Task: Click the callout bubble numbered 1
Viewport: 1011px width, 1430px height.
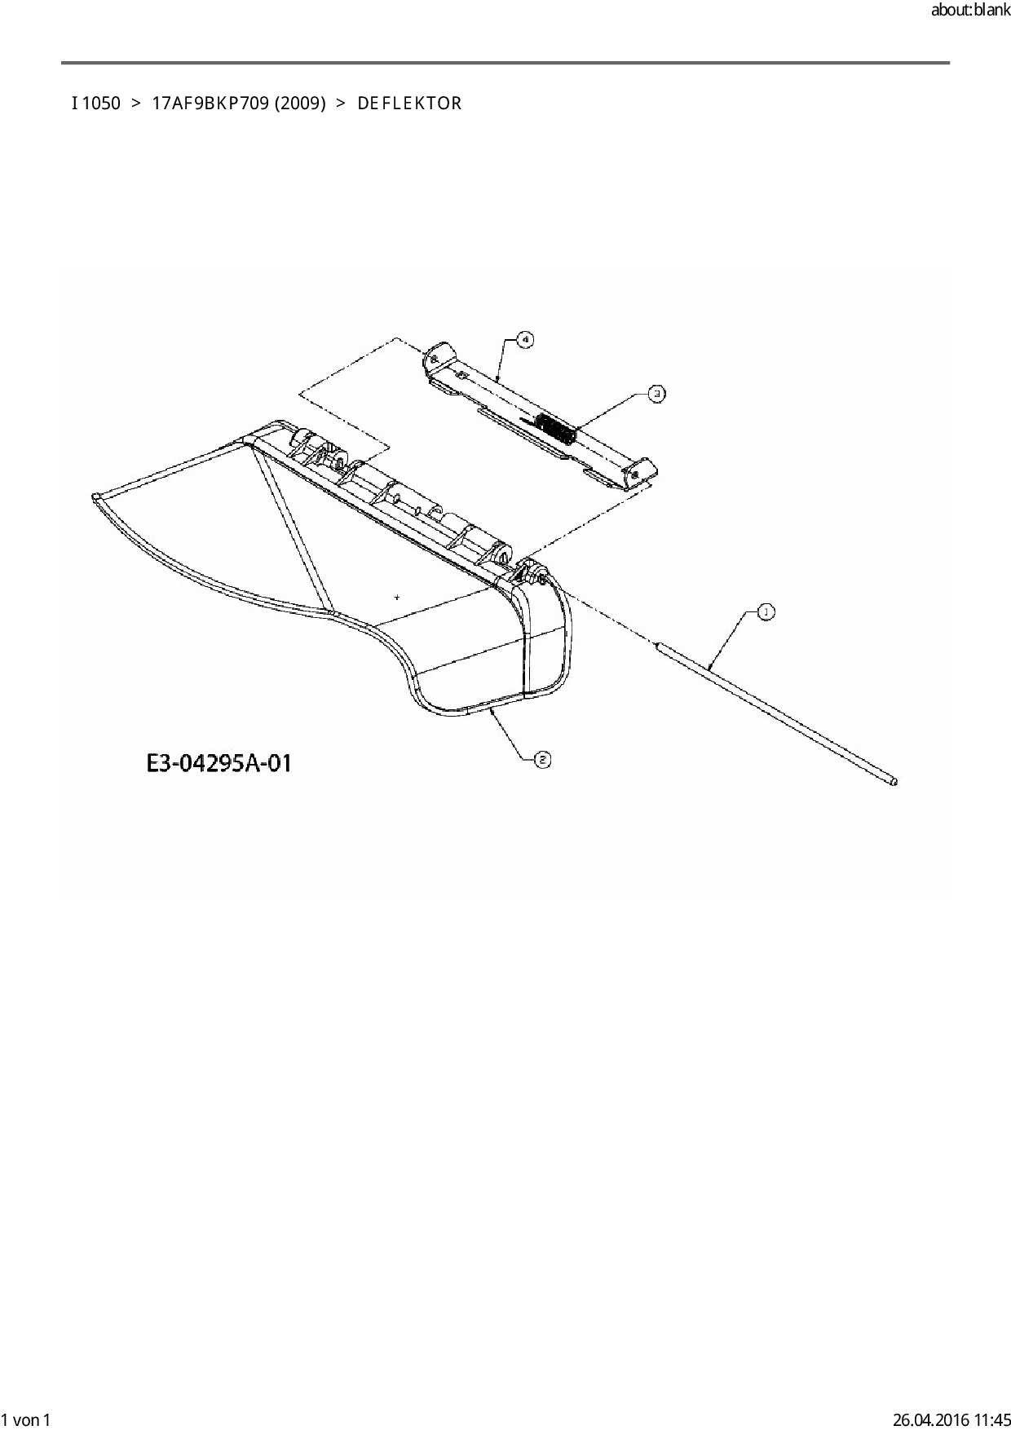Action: click(x=766, y=611)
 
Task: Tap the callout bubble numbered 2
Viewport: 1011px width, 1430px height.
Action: click(x=542, y=760)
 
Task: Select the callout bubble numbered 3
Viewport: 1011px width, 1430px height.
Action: click(x=656, y=394)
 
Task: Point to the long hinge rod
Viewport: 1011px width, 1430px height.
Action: click(x=775, y=708)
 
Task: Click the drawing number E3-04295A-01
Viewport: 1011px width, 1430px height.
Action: click(x=219, y=764)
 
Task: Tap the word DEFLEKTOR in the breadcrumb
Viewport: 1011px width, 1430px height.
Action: click(x=409, y=104)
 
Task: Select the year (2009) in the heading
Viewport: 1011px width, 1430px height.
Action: click(x=300, y=104)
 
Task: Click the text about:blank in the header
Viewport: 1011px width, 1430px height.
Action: click(x=969, y=12)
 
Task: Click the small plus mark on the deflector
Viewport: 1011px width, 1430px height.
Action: click(x=397, y=598)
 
